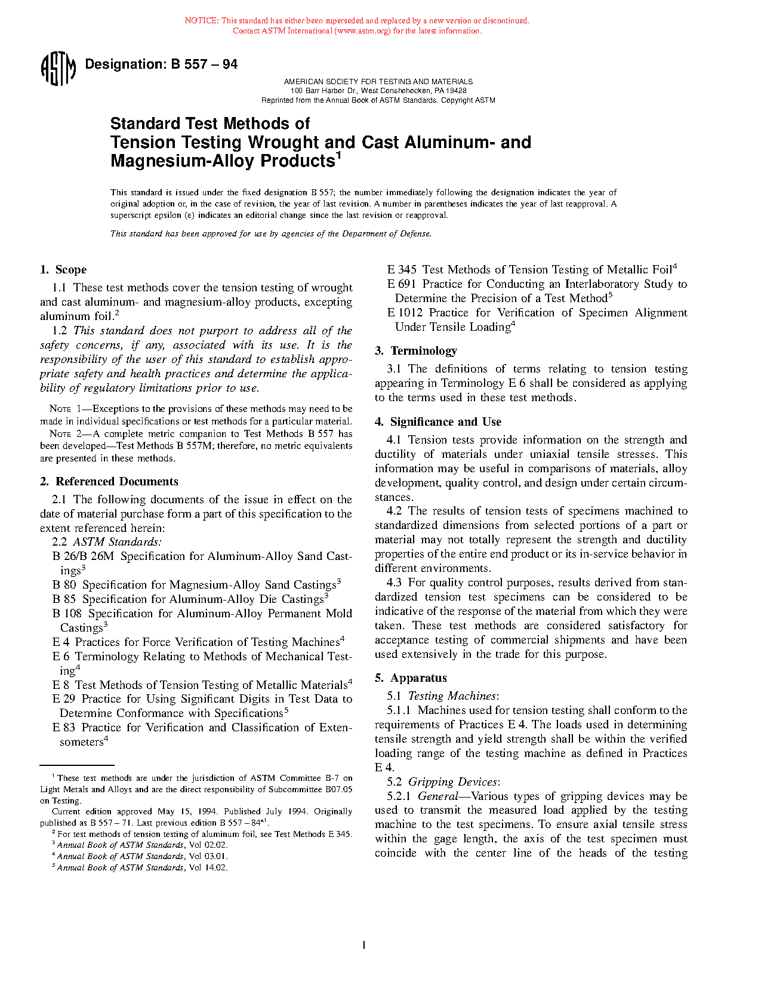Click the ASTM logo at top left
(58, 69)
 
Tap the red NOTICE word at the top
(201, 21)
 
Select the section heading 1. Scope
(63, 270)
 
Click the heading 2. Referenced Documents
(109, 482)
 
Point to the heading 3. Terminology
(416, 351)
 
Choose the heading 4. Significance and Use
(438, 422)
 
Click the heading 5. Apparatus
(411, 678)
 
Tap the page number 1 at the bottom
(363, 944)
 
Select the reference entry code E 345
(402, 270)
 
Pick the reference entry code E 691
(401, 284)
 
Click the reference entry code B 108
(67, 614)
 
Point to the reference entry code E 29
(63, 699)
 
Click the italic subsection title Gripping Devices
(452, 782)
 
